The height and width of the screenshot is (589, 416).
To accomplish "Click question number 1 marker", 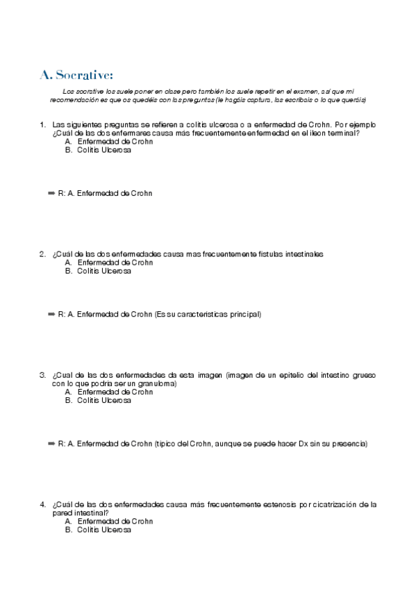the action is (43, 125).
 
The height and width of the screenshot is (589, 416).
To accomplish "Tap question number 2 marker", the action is (43, 254).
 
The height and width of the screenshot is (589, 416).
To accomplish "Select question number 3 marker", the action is (43, 375).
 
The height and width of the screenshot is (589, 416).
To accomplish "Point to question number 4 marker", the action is (43, 504).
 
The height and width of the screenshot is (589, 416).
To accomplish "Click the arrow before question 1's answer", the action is (51, 193).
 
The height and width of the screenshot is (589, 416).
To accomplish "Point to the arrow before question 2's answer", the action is (51, 314).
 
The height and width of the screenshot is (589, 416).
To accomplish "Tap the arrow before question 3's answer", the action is (51, 443).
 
